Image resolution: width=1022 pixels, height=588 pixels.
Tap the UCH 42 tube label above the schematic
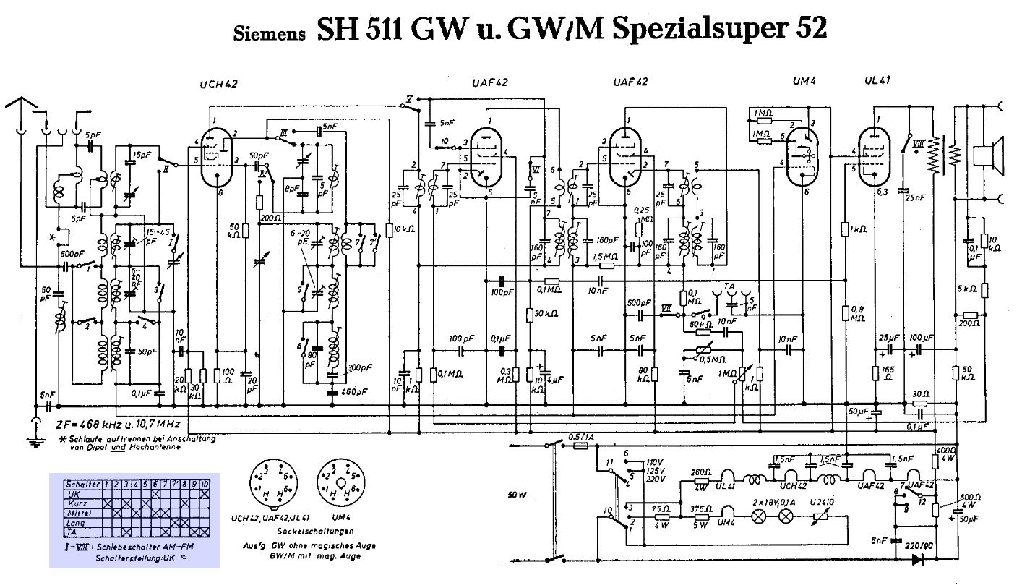coord(218,85)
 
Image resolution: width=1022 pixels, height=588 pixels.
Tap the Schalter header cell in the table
coord(78,483)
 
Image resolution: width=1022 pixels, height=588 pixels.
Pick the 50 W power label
coord(518,496)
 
